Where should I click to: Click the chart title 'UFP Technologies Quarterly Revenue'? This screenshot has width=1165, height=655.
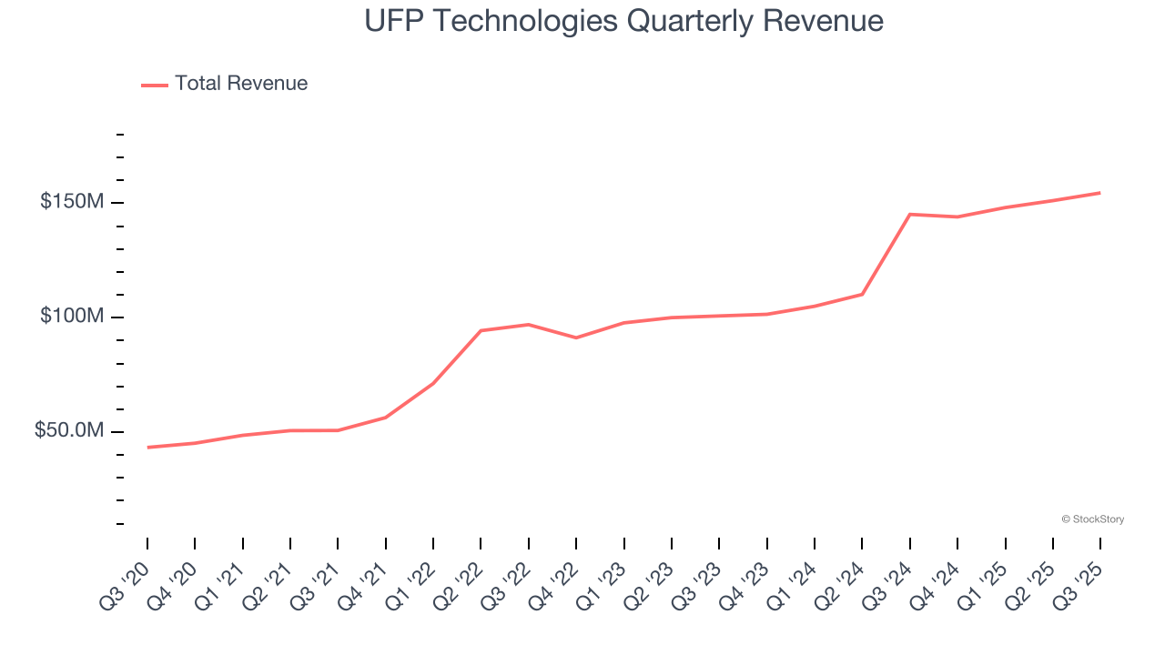pyautogui.click(x=623, y=20)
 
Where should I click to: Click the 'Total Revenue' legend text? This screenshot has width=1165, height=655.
pyautogui.click(x=241, y=84)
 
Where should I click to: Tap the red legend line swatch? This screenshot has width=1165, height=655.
pyautogui.click(x=155, y=85)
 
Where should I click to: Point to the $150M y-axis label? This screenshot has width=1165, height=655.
pyautogui.click(x=71, y=202)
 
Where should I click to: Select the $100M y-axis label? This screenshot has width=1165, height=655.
pyautogui.click(x=71, y=317)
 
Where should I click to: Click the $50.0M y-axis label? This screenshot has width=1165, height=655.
pyautogui.click(x=68, y=431)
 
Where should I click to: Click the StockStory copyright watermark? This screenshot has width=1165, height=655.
pyautogui.click(x=1092, y=519)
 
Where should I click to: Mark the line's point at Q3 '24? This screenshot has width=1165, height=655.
pyautogui.click(x=910, y=214)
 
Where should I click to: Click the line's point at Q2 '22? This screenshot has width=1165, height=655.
pyautogui.click(x=481, y=330)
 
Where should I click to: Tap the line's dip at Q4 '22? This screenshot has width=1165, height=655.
pyautogui.click(x=576, y=338)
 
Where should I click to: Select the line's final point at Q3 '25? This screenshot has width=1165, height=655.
pyautogui.click(x=1099, y=193)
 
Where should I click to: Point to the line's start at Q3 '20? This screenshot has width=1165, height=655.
pyautogui.click(x=147, y=448)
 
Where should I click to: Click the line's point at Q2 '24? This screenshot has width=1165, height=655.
pyautogui.click(x=862, y=294)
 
